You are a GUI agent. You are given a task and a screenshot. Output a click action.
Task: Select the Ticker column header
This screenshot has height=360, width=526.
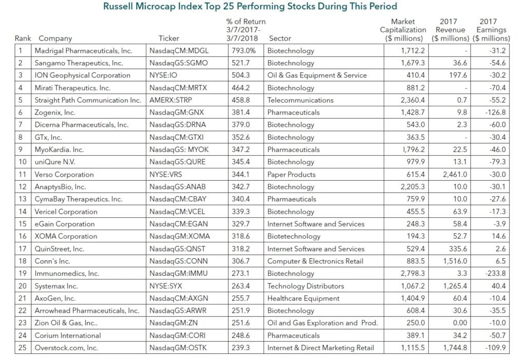click(x=169, y=39)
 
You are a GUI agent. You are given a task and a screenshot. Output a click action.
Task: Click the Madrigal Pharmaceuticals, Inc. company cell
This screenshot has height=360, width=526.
click(x=83, y=51)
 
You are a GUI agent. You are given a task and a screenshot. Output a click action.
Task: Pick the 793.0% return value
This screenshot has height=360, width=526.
click(x=245, y=51)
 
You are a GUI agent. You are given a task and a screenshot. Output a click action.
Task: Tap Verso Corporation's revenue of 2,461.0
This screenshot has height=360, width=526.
click(x=456, y=175)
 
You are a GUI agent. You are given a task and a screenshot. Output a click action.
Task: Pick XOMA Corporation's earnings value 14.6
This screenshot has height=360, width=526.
click(x=498, y=236)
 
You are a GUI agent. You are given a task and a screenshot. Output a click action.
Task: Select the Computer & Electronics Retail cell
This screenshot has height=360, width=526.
click(x=315, y=261)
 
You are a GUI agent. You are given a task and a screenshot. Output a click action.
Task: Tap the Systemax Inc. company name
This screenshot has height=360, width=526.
click(x=56, y=286)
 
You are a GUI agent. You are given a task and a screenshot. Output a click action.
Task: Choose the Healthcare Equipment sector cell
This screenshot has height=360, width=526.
click(x=303, y=298)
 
